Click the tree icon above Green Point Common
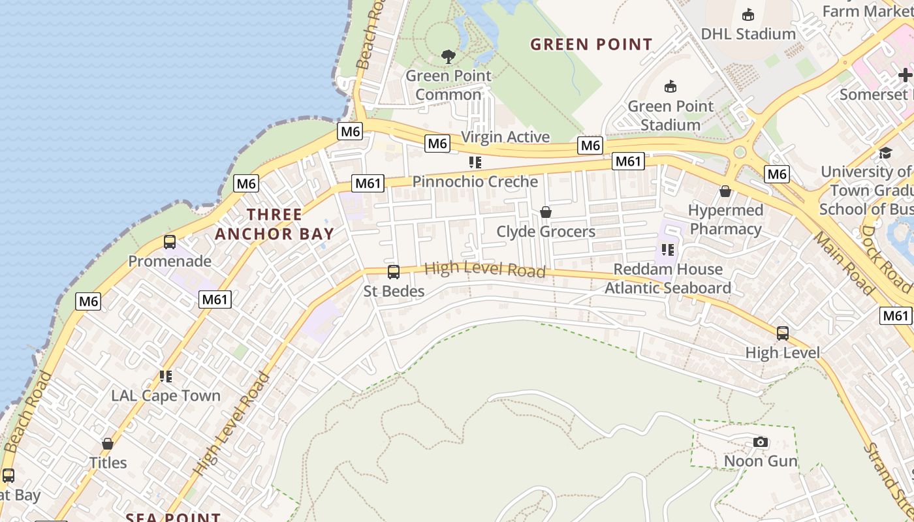(x=448, y=57)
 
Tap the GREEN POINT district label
(x=591, y=44)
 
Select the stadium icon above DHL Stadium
(x=748, y=14)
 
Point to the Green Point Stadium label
(x=670, y=115)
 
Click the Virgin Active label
(x=505, y=137)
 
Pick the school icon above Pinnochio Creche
(x=475, y=162)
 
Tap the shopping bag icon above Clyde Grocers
(x=546, y=212)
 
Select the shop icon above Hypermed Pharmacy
(x=725, y=191)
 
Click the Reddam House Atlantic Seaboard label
(x=668, y=279)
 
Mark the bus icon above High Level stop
(x=783, y=333)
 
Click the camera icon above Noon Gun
(x=760, y=442)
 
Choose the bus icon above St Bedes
(x=394, y=272)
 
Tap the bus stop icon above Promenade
(x=170, y=242)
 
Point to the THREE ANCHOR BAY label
(x=274, y=224)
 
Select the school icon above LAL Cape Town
(x=166, y=376)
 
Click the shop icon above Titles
(x=108, y=444)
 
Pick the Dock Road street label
(x=885, y=258)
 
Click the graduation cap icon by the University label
(x=885, y=153)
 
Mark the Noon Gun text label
(x=761, y=461)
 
